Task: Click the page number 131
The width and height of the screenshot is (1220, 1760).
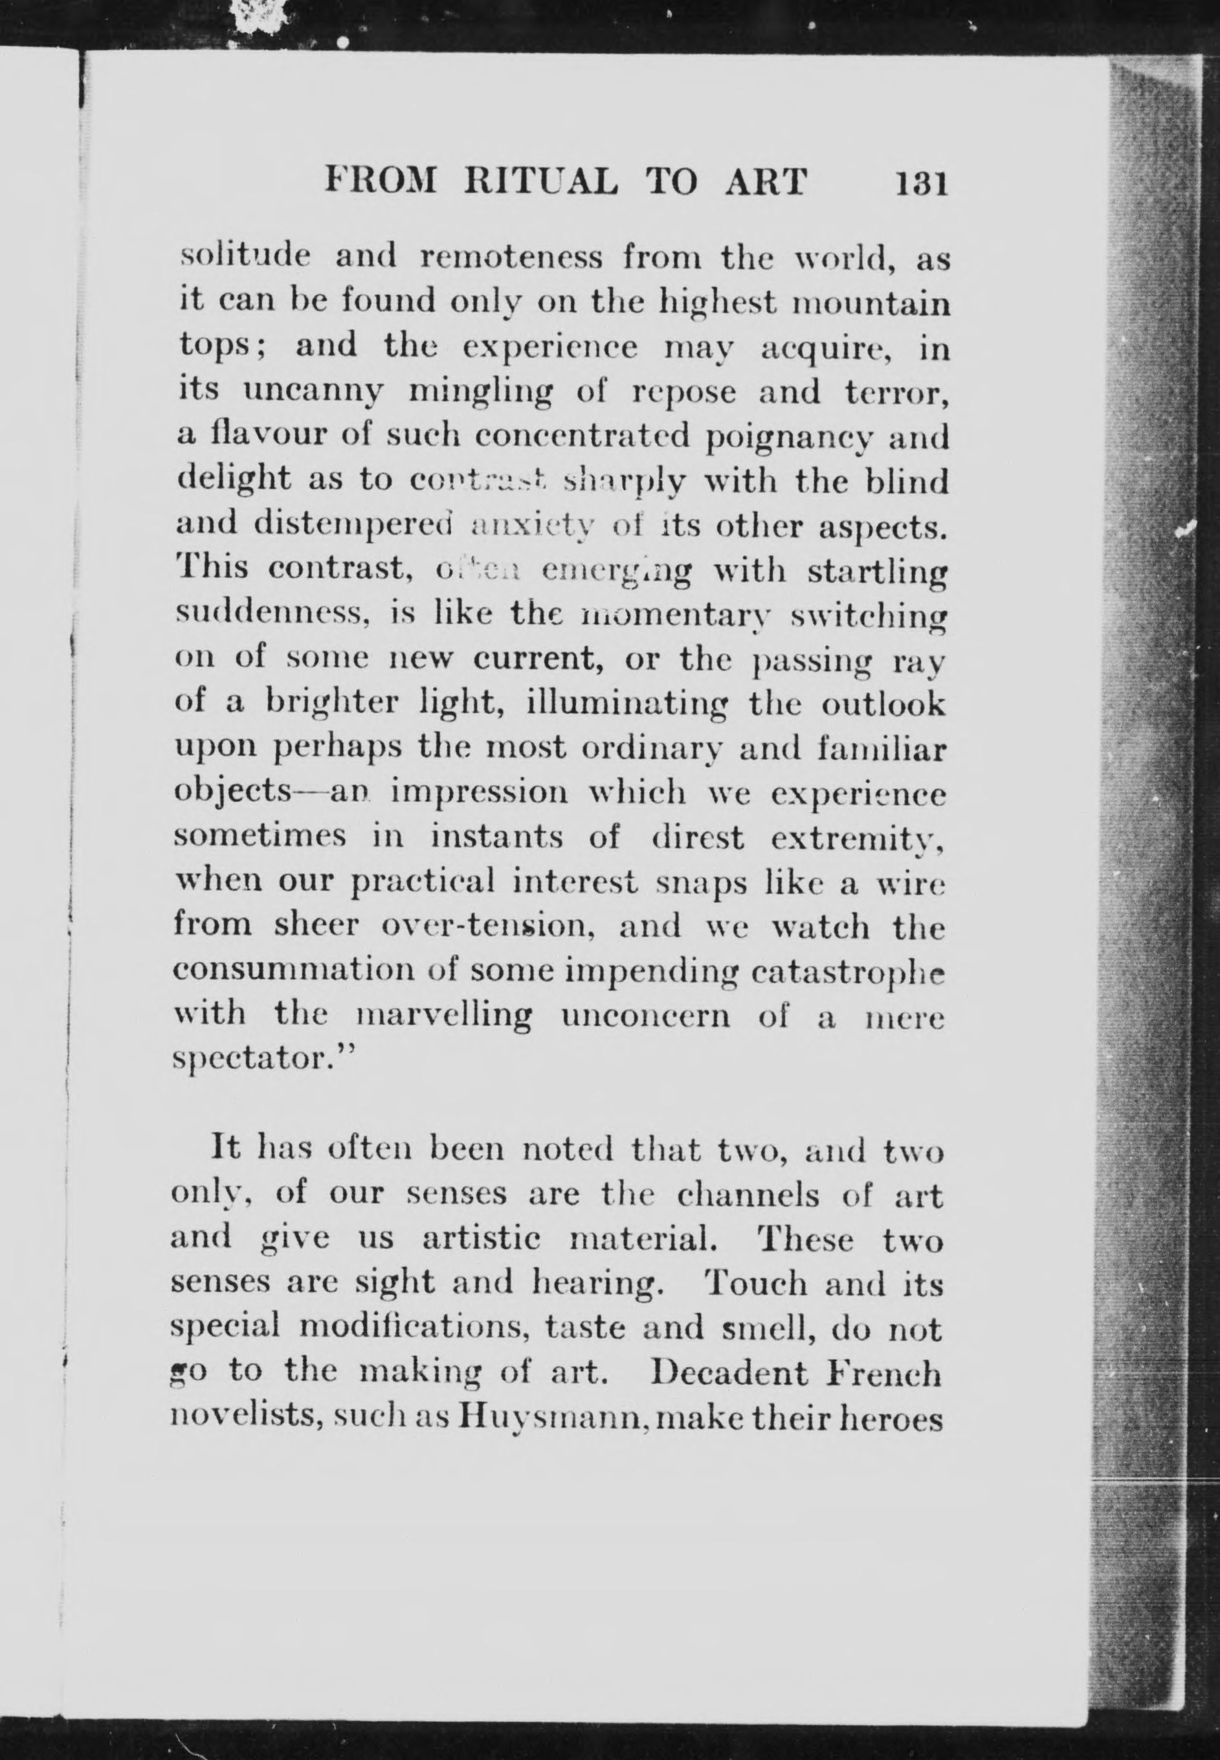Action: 922,183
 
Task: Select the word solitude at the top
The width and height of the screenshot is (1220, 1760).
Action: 244,258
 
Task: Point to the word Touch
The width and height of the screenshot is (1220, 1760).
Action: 755,1285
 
